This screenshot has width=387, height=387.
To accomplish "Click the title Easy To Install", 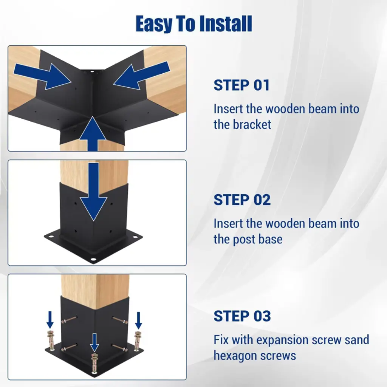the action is pyautogui.click(x=194, y=24).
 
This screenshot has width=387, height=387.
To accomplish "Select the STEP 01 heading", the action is pyautogui.click(x=241, y=85).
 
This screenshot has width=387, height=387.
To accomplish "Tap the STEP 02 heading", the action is pyautogui.click(x=242, y=200).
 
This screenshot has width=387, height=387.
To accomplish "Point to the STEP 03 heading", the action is pyautogui.click(x=242, y=316).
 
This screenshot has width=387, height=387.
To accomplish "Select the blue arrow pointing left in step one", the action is pyautogui.click(x=142, y=75).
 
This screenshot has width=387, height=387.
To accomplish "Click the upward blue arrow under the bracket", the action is pyautogui.click(x=93, y=134).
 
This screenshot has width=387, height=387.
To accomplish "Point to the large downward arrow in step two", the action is pyautogui.click(x=93, y=192).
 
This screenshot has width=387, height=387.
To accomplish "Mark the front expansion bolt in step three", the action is pyautogui.click(x=94, y=363).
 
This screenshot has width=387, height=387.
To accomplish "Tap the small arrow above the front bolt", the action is pyautogui.click(x=94, y=342).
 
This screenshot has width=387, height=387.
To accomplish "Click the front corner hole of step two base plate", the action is pyautogui.click(x=93, y=260).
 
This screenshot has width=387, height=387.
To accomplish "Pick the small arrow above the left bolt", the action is pyautogui.click(x=50, y=320).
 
